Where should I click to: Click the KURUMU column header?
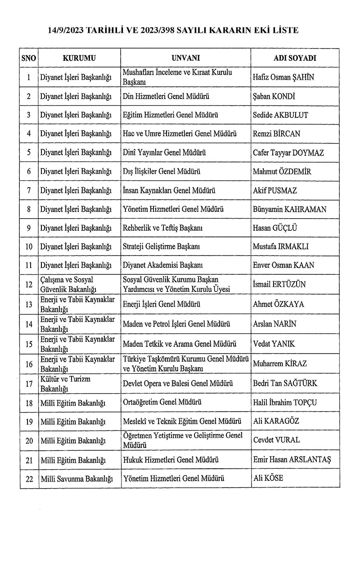point(79,58)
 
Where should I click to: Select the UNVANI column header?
point(186,58)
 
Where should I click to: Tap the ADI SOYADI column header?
point(295,58)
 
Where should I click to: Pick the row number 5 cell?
point(29,152)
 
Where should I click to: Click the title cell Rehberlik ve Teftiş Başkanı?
point(162,228)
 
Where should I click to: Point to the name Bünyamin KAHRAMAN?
point(290,209)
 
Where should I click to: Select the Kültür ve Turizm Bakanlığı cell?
point(65,383)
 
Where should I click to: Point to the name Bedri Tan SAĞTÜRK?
point(285,383)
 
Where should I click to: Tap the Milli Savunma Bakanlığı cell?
point(76,479)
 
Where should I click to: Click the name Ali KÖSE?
point(268,478)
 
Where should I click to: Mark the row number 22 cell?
point(29,479)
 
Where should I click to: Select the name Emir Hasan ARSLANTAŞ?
point(292,459)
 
